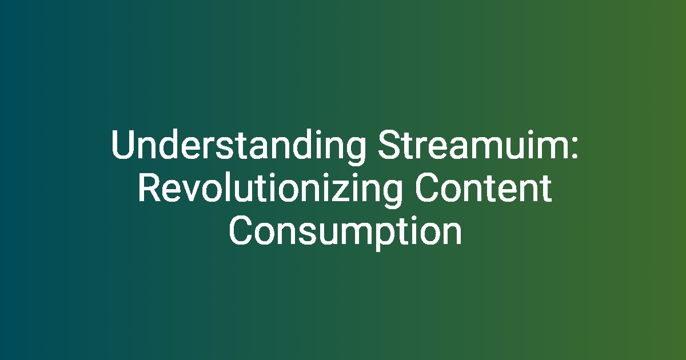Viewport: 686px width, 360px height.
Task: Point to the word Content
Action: [x=484, y=187]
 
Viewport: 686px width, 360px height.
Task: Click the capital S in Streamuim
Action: [x=390, y=144]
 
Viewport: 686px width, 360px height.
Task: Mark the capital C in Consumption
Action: [x=241, y=231]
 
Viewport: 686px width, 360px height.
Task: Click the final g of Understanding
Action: [x=357, y=151]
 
